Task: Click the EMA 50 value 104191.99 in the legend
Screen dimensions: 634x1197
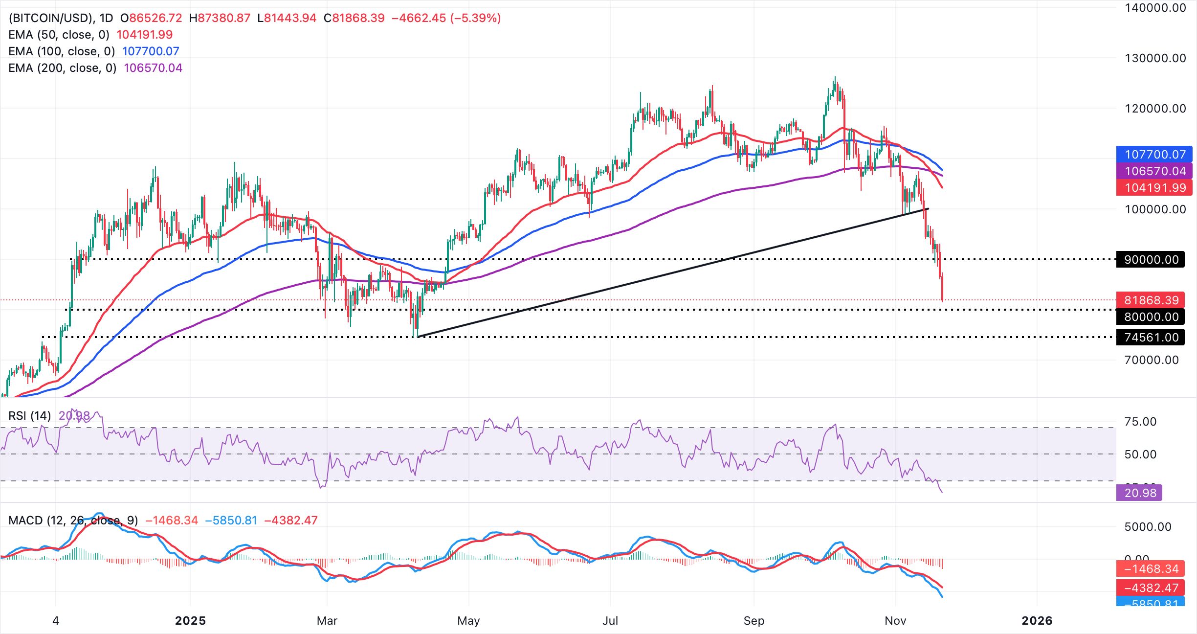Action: pos(145,35)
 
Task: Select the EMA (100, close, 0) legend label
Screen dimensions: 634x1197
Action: pos(62,51)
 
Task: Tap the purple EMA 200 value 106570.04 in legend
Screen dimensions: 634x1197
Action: pos(153,68)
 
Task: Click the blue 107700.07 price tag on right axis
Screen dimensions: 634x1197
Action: pos(1154,155)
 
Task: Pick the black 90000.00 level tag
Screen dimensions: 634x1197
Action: pos(1151,260)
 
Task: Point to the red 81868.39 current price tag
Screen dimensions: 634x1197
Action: pos(1151,300)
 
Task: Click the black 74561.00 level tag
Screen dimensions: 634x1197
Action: pos(1151,338)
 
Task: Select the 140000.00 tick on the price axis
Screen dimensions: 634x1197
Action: pos(1155,8)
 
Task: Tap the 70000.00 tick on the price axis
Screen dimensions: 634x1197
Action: pos(1151,360)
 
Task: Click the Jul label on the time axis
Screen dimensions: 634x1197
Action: pos(610,621)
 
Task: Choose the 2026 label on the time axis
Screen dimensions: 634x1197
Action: pos(1037,621)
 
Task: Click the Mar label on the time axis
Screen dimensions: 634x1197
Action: pos(327,621)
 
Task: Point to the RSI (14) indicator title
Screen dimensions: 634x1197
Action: pos(30,416)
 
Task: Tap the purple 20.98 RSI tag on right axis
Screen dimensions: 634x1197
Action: pos(1140,493)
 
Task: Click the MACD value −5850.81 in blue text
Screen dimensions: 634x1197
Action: pos(231,521)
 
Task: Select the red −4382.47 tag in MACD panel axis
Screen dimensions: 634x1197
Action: pos(1151,588)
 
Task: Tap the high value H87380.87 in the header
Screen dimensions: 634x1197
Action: pos(220,18)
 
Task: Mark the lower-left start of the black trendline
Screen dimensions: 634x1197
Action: pos(418,337)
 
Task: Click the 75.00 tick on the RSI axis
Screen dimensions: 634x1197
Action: pos(1140,422)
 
